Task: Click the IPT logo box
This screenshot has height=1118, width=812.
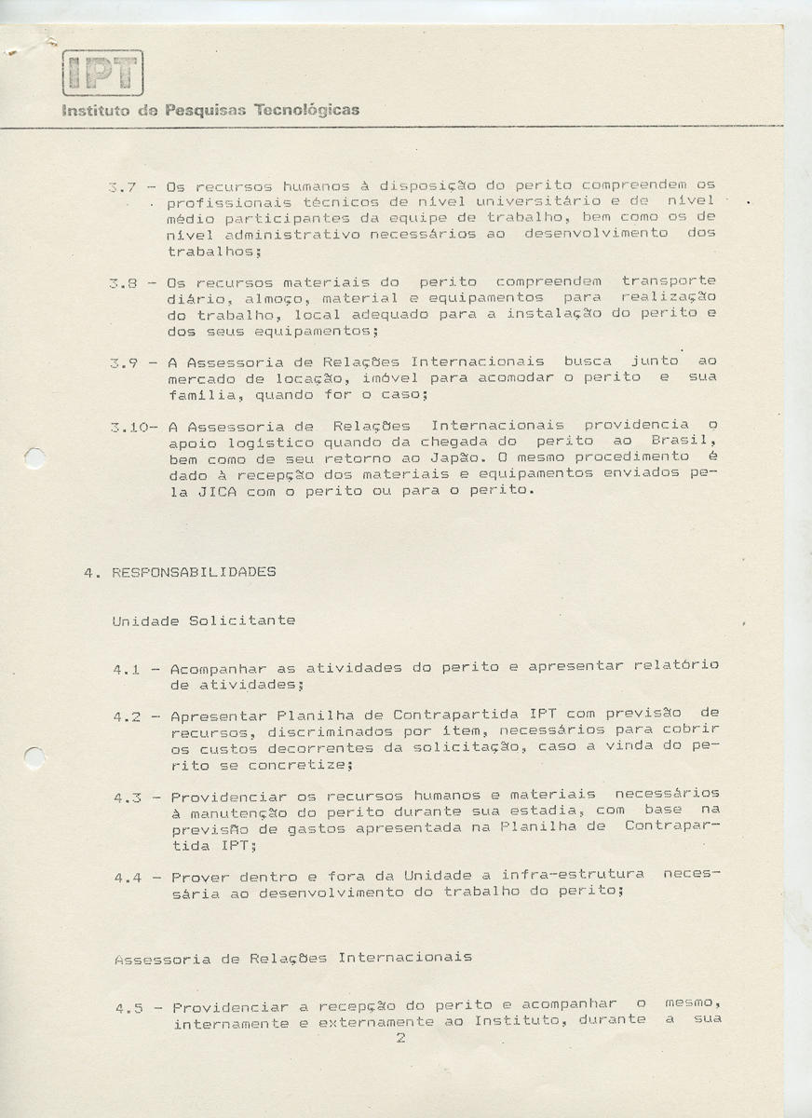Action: click(x=102, y=73)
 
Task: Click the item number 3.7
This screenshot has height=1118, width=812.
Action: click(x=123, y=186)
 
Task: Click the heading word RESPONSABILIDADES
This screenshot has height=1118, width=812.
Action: click(x=194, y=572)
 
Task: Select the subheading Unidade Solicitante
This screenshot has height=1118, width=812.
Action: click(x=204, y=620)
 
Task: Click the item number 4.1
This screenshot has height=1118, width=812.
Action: click(x=127, y=669)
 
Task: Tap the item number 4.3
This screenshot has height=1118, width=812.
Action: click(x=128, y=798)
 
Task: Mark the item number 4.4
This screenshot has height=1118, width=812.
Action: click(x=128, y=878)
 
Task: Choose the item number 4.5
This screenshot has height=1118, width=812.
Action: click(x=129, y=1008)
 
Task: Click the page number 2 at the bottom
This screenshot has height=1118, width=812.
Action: click(x=400, y=1038)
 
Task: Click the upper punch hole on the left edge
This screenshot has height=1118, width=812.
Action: click(x=34, y=458)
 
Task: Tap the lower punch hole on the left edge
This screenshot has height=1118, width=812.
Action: click(x=34, y=757)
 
